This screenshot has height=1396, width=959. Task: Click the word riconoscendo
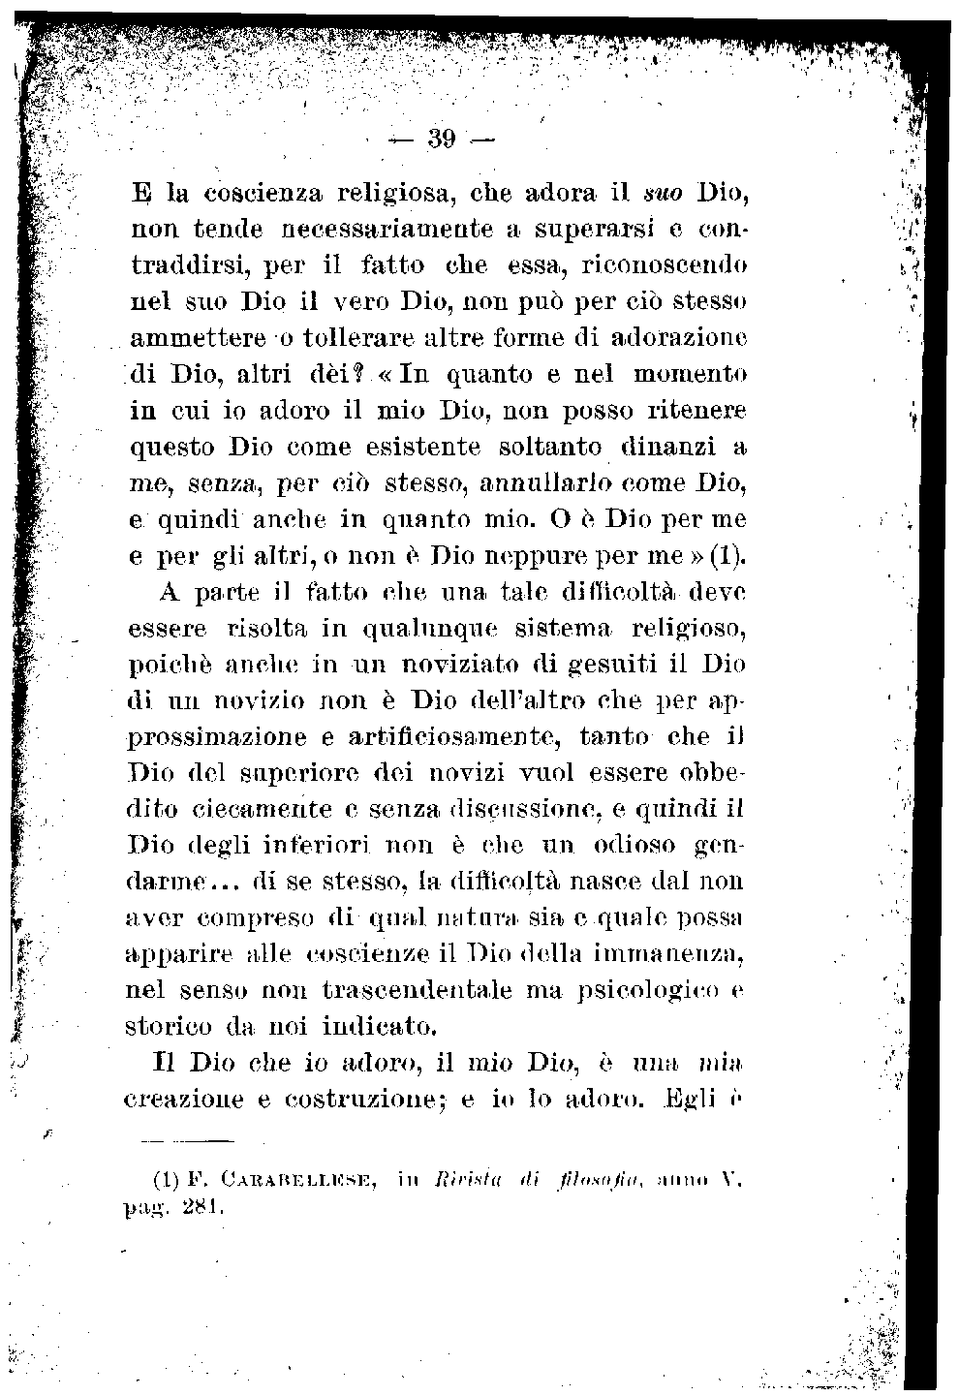[x=674, y=264]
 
